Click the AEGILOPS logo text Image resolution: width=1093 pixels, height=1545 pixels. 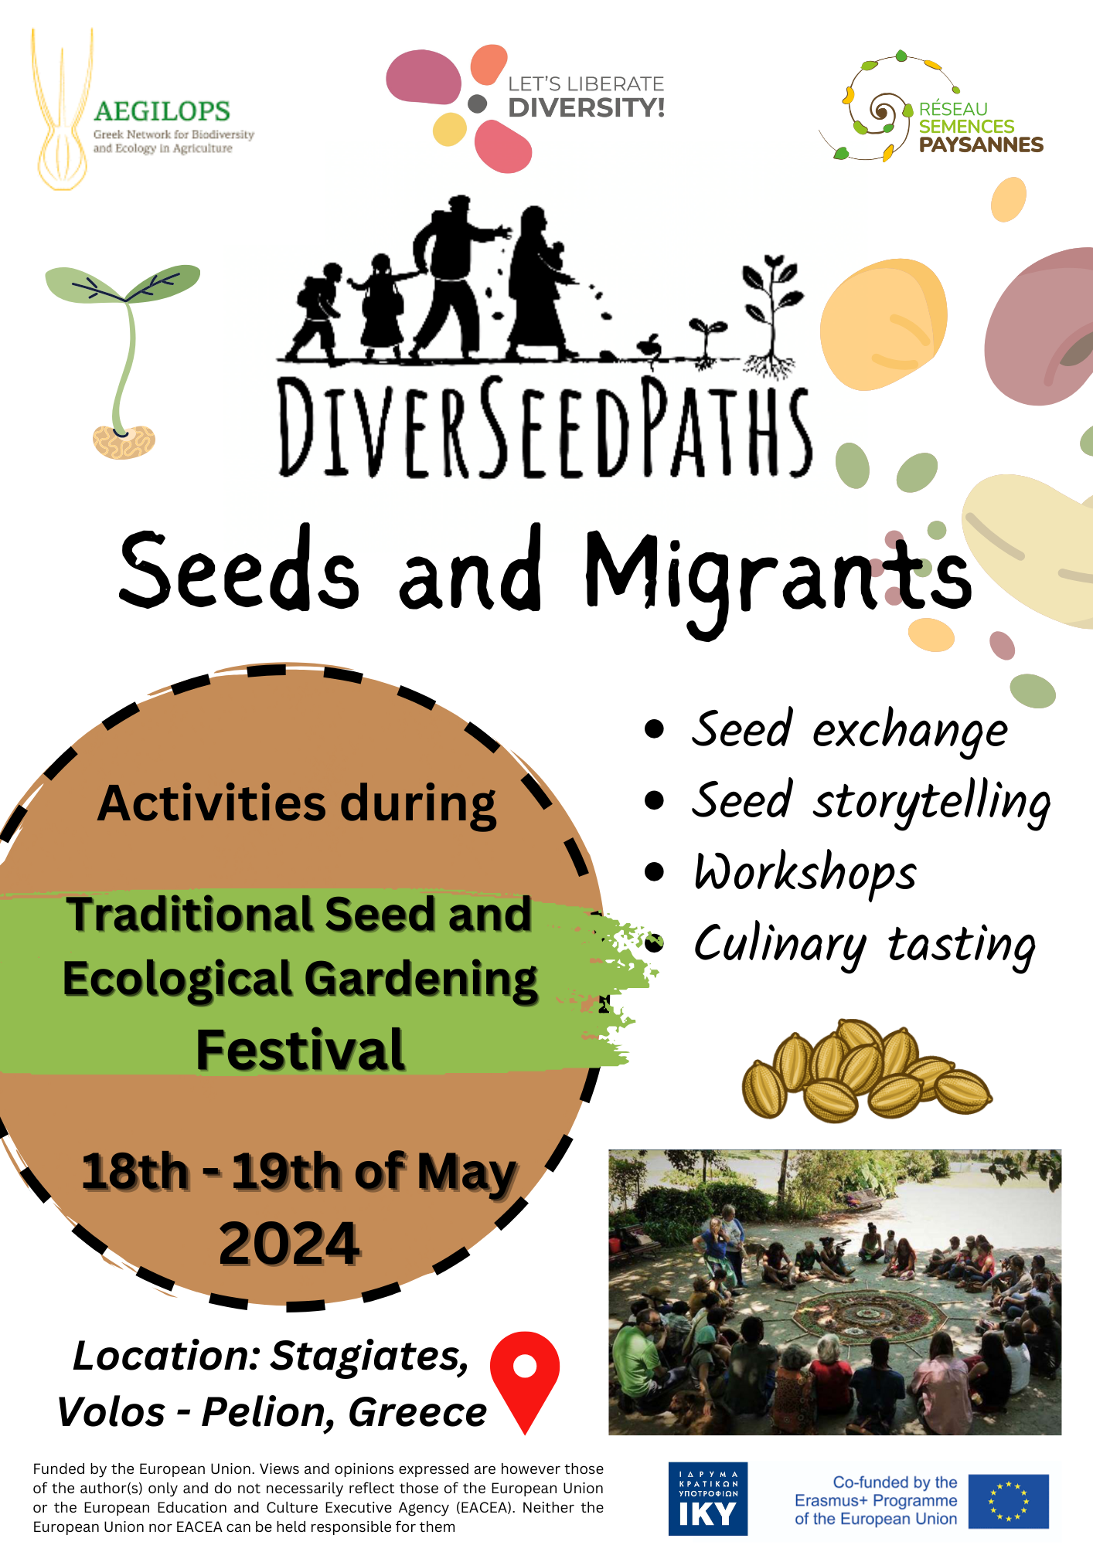(162, 111)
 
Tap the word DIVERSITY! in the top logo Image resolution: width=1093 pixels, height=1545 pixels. (586, 107)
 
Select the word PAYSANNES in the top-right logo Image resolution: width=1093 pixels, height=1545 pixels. (981, 144)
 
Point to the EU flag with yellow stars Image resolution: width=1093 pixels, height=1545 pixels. (1008, 1501)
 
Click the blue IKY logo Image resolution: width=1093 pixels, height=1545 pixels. (707, 1499)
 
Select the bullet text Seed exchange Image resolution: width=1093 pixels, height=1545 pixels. (849, 730)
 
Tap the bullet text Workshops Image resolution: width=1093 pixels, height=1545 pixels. (804, 873)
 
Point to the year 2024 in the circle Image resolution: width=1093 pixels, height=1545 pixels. (290, 1244)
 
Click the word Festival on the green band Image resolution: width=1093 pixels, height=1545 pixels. (300, 1049)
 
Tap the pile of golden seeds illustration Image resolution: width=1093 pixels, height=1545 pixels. (867, 1071)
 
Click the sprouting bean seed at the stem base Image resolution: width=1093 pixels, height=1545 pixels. (124, 442)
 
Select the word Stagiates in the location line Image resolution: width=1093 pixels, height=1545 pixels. (369, 1357)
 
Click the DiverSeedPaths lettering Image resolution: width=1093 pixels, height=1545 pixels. (545, 427)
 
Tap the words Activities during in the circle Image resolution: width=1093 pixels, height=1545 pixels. (297, 805)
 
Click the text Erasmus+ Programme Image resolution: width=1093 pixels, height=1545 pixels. (876, 1500)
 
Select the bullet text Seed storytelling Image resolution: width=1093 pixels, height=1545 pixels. (871, 802)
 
